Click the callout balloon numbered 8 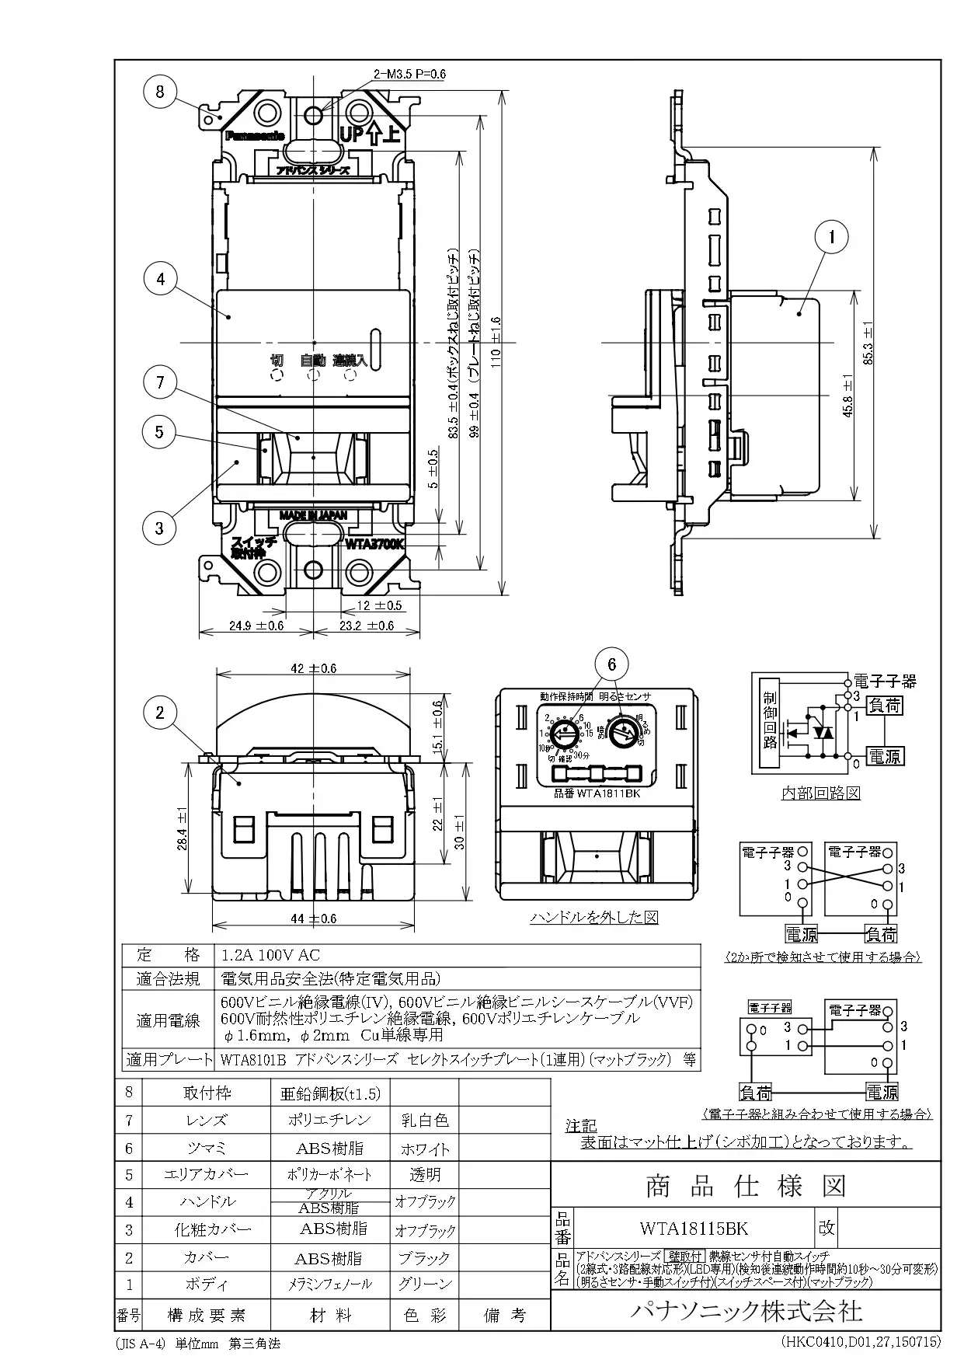(159, 92)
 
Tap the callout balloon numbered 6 (612, 664)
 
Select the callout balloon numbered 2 (160, 713)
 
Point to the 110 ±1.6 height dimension (496, 342)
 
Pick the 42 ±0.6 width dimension (313, 668)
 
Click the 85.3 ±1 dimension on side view (868, 343)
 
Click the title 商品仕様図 (745, 1186)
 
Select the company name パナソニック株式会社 (745, 1312)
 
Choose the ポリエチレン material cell (330, 1120)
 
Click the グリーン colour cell (424, 1284)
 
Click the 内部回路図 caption (820, 793)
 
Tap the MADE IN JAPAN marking (314, 514)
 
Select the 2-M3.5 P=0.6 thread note (409, 74)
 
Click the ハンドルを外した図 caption (594, 918)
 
